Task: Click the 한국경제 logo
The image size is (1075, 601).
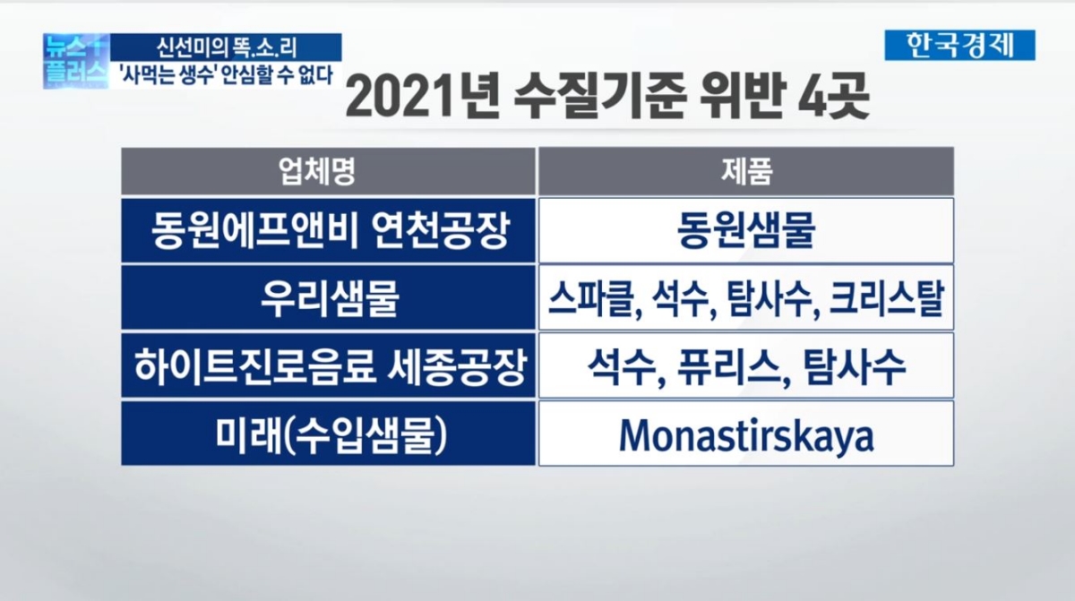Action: click(959, 45)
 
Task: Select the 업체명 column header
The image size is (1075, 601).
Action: click(328, 171)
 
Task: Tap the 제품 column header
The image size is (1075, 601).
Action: click(745, 171)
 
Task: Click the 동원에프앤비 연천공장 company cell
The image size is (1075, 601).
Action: click(328, 230)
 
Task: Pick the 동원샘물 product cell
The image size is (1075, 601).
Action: click(745, 230)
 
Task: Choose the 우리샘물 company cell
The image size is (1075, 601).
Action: click(328, 297)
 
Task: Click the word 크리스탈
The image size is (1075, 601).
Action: click(885, 298)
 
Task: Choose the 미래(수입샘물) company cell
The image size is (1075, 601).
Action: click(328, 434)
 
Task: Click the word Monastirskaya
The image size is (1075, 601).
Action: click(745, 435)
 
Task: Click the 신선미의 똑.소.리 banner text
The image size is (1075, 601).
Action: click(230, 46)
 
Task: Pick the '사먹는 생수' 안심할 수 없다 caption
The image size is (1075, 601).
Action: click(230, 74)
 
